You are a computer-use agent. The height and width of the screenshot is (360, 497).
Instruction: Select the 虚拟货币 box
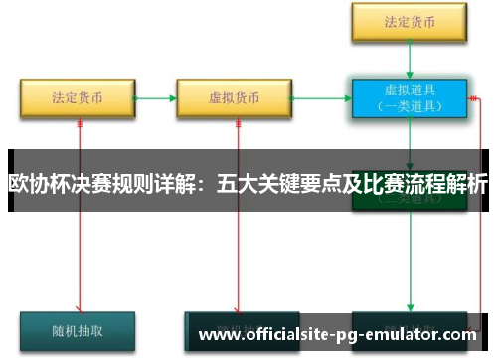click(x=235, y=98)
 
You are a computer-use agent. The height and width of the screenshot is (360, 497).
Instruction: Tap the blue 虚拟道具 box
click(x=409, y=98)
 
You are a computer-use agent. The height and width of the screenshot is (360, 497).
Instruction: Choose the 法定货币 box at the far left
click(x=78, y=98)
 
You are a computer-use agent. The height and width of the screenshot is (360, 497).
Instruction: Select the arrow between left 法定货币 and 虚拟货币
click(x=155, y=98)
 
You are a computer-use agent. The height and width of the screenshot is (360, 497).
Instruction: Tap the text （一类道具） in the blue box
click(x=409, y=106)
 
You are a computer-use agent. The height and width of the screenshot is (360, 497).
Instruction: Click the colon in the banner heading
click(x=206, y=184)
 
